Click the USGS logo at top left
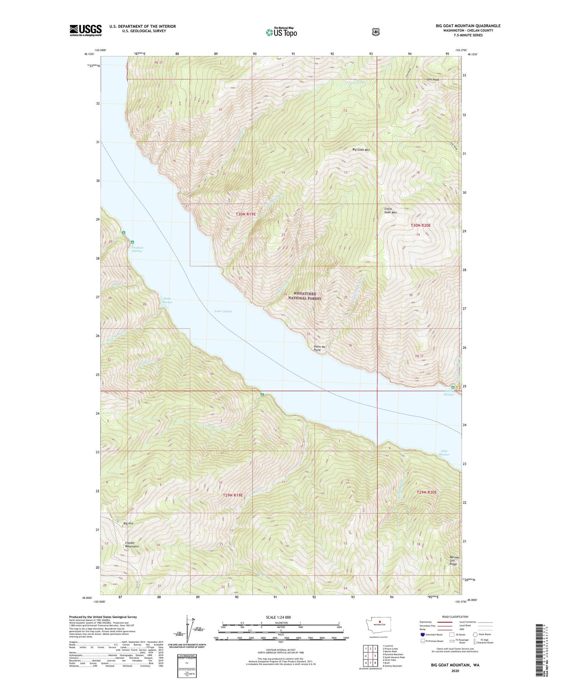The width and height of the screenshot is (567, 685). (86, 30)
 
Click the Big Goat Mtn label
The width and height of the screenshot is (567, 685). (361, 149)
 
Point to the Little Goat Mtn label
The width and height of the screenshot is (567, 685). (390, 211)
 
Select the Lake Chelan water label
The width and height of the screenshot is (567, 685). (223, 311)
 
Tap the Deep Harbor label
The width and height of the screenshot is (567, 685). (167, 300)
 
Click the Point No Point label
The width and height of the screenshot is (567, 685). (320, 348)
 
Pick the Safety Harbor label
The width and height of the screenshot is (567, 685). (448, 393)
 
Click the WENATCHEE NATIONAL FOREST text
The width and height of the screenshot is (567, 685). (304, 296)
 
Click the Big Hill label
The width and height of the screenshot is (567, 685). (128, 523)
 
